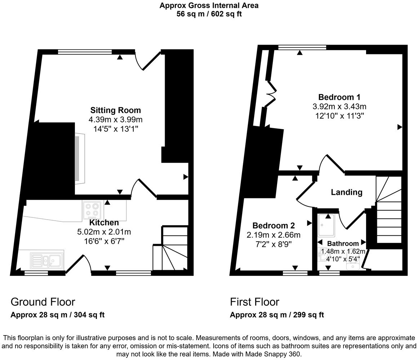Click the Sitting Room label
point(115,110)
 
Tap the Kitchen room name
point(104,222)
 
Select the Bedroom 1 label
point(339,97)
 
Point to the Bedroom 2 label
point(274,226)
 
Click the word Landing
point(346,192)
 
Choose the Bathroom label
point(343,244)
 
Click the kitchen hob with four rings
point(92,210)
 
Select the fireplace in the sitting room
point(79,158)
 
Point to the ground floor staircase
point(170,248)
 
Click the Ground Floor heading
point(43,302)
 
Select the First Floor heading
point(254,302)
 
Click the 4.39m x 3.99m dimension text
point(115,120)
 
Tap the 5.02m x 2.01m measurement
point(104,232)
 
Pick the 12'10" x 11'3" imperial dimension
point(339,116)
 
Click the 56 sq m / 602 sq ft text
point(209,14)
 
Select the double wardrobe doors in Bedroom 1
point(270,94)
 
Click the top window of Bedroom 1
point(302,47)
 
